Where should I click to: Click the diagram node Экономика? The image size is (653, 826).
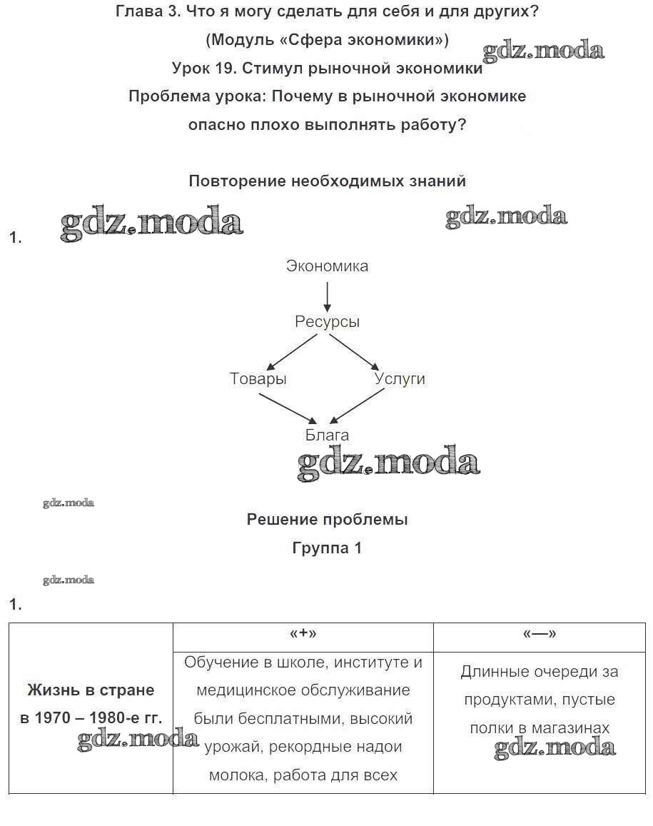point(327,266)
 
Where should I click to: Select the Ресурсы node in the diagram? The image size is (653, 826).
point(327,322)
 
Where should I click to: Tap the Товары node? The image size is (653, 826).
point(258,379)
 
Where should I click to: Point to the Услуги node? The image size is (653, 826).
point(400,379)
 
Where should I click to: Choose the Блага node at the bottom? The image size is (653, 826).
point(327,435)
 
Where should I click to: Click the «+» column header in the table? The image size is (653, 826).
point(303,635)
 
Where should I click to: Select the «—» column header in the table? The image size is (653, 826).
point(539,635)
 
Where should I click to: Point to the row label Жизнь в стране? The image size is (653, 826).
point(91,690)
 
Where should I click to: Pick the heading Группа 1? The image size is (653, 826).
point(327,548)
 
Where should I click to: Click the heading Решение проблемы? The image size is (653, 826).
point(327,520)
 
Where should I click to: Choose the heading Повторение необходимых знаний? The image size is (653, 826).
point(327,181)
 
